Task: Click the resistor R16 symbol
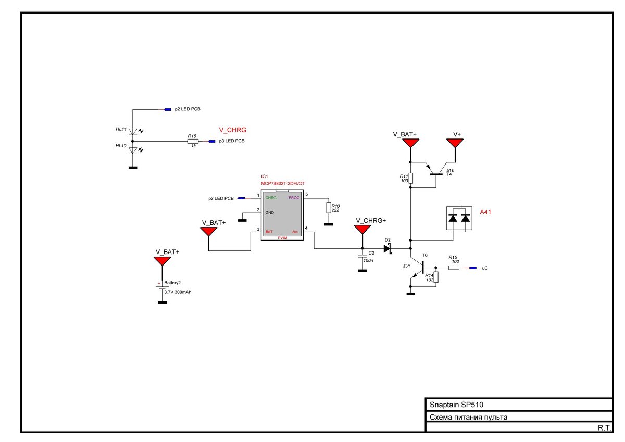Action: click(193, 142)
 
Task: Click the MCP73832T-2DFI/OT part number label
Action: click(283, 183)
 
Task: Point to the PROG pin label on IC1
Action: click(294, 198)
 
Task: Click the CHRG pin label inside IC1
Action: click(271, 198)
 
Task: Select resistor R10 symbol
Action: click(329, 208)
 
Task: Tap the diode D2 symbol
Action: click(388, 248)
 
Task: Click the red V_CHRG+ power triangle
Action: click(362, 229)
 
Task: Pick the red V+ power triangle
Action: click(455, 143)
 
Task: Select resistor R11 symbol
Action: click(410, 178)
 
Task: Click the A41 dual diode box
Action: click(459, 218)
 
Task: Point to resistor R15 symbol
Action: click(454, 268)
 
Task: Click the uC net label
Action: click(485, 268)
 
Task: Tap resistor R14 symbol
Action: click(436, 277)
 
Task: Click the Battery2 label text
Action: click(172, 283)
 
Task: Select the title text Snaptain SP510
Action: click(456, 405)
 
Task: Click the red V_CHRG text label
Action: click(232, 130)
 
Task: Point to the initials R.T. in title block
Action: click(604, 428)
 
